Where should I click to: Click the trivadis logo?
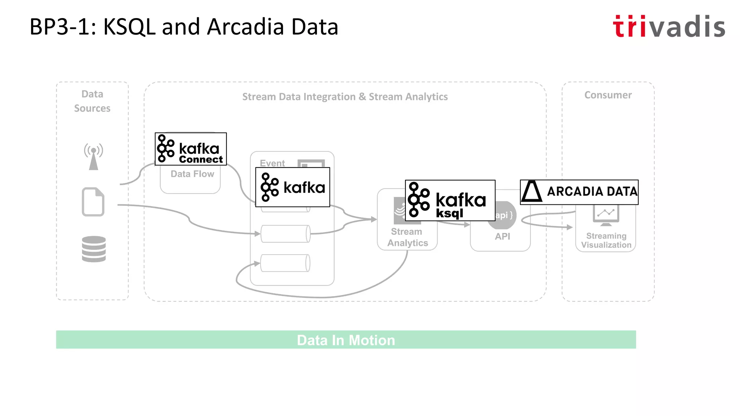click(x=669, y=27)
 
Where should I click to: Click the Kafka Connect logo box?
click(x=191, y=149)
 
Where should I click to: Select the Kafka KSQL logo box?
click(x=450, y=200)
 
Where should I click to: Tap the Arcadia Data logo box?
click(x=579, y=192)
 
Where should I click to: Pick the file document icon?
click(x=93, y=202)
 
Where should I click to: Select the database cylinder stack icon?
click(x=94, y=249)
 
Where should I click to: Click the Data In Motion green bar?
click(x=346, y=340)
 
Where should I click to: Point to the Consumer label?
click(x=608, y=95)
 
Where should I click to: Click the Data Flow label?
click(x=192, y=174)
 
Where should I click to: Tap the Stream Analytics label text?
click(x=407, y=237)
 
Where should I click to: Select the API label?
click(x=502, y=237)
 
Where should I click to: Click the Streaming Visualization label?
click(x=606, y=240)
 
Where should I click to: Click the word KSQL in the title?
click(x=129, y=27)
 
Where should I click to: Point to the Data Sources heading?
click(x=92, y=101)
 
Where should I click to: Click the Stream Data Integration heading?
click(x=345, y=97)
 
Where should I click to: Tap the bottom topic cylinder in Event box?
click(x=285, y=263)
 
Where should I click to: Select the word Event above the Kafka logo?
click(x=272, y=163)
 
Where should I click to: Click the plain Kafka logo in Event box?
click(x=293, y=187)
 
